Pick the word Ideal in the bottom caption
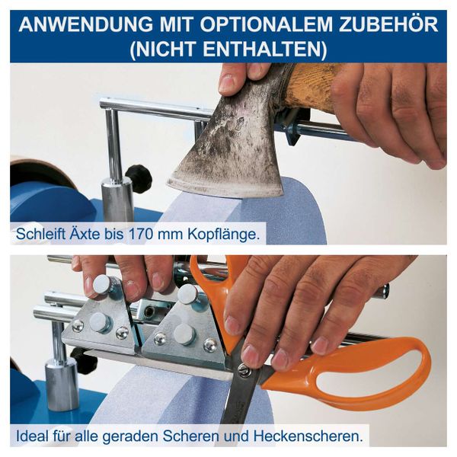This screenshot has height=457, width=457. point(33,436)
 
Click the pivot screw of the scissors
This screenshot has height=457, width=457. point(243,371)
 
